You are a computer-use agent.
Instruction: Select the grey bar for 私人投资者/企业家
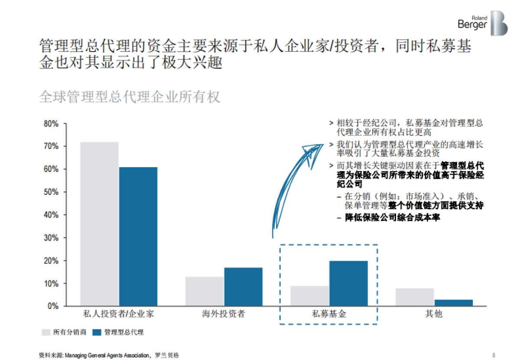99,224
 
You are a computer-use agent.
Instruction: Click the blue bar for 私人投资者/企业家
138,236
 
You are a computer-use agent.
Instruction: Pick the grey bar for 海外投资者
205,291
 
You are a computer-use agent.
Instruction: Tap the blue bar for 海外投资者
243,287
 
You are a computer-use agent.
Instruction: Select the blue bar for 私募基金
348,283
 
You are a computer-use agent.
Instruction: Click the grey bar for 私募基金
309,296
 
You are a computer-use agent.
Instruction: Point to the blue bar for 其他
453,302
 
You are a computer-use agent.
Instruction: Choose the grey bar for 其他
415,297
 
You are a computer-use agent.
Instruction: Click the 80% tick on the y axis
51,124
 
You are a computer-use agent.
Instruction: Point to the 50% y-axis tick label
51,192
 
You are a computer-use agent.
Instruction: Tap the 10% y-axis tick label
51,284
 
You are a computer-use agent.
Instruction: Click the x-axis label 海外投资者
224,314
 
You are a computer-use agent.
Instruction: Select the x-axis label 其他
434,314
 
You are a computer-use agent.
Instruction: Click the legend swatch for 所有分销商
45,332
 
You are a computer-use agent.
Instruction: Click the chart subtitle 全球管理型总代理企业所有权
130,96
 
